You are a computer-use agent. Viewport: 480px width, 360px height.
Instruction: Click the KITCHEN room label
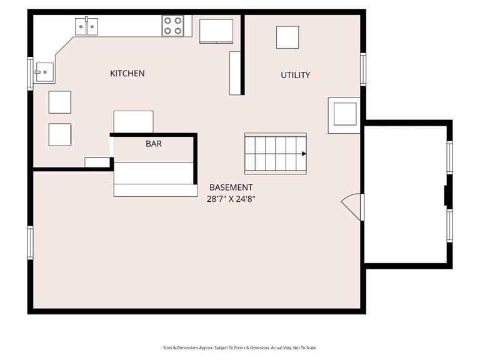pyautogui.click(x=127, y=74)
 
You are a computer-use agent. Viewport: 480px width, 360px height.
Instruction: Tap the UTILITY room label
pyautogui.click(x=295, y=75)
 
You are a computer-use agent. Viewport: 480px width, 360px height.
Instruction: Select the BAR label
pyautogui.click(x=154, y=144)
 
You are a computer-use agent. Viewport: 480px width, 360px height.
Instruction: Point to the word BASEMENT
pyautogui.click(x=231, y=187)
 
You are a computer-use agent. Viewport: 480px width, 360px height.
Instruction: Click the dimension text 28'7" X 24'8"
pyautogui.click(x=231, y=199)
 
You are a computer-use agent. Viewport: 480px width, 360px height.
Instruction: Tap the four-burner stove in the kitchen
pyautogui.click(x=173, y=26)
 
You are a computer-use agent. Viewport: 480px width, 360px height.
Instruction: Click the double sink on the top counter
pyautogui.click(x=86, y=26)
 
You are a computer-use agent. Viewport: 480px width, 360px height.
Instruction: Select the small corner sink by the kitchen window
pyautogui.click(x=44, y=72)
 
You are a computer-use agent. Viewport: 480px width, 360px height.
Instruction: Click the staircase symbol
pyautogui.click(x=275, y=153)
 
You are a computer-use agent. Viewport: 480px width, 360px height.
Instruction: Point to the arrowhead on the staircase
pyautogui.click(x=304, y=153)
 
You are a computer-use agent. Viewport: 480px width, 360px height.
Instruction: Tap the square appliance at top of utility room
pyautogui.click(x=287, y=37)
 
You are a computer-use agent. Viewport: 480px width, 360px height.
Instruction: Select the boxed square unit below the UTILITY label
pyautogui.click(x=344, y=114)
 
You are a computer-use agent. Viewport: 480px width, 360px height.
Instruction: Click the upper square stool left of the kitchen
pyautogui.click(x=60, y=102)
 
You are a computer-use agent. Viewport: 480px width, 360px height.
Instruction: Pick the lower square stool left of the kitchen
pyautogui.click(x=60, y=134)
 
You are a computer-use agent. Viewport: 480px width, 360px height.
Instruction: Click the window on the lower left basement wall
pyautogui.click(x=30, y=242)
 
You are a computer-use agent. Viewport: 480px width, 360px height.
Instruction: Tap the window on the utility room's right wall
pyautogui.click(x=363, y=69)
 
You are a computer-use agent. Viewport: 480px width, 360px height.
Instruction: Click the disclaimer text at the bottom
pyautogui.click(x=240, y=347)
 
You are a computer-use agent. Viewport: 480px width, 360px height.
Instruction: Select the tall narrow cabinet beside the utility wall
pyautogui.click(x=235, y=72)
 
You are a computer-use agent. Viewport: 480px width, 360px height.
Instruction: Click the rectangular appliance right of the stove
pyautogui.click(x=216, y=31)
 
